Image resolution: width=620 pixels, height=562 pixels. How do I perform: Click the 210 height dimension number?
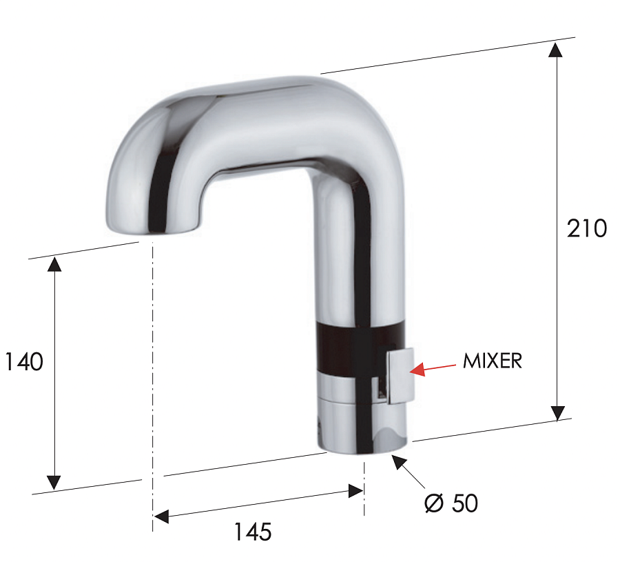click(587, 228)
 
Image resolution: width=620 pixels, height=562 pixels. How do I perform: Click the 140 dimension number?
click(24, 361)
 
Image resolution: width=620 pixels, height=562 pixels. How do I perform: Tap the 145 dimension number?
click(252, 532)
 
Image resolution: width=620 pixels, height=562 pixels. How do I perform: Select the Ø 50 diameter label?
click(451, 503)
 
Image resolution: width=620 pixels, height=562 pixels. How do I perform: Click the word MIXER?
click(492, 361)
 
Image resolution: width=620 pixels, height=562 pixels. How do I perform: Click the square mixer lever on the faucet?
click(399, 376)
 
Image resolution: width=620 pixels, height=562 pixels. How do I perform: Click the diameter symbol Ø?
click(434, 503)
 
